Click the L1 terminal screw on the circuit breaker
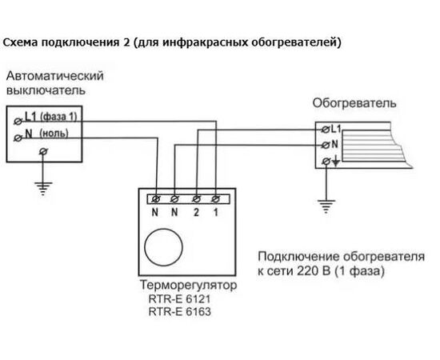click(x=18, y=122)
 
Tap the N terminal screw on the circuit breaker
click(x=18, y=138)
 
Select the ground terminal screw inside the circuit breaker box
click(x=43, y=151)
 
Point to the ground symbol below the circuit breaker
click(x=43, y=188)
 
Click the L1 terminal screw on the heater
click(x=326, y=130)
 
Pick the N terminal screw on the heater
click(x=326, y=145)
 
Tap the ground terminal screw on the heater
click(x=326, y=162)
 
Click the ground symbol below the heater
click(x=326, y=206)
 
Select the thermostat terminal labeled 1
click(x=215, y=199)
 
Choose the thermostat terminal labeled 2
click(x=196, y=199)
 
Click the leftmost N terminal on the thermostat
click(x=156, y=199)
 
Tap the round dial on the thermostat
click(x=163, y=247)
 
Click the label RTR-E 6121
click(x=179, y=299)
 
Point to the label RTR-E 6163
click(x=179, y=312)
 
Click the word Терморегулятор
click(x=188, y=286)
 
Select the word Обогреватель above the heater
click(x=354, y=103)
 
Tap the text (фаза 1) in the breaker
click(x=58, y=117)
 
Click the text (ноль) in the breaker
click(x=54, y=134)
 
